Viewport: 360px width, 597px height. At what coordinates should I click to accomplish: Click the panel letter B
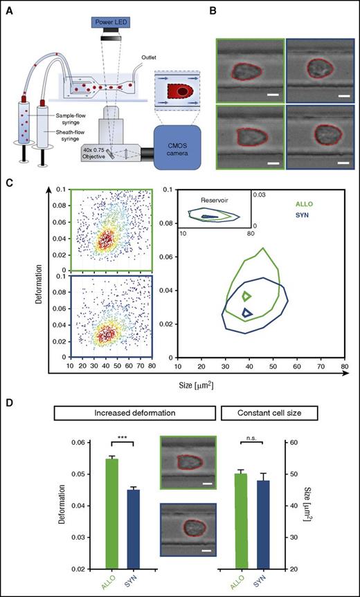pyautogui.click(x=213, y=9)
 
